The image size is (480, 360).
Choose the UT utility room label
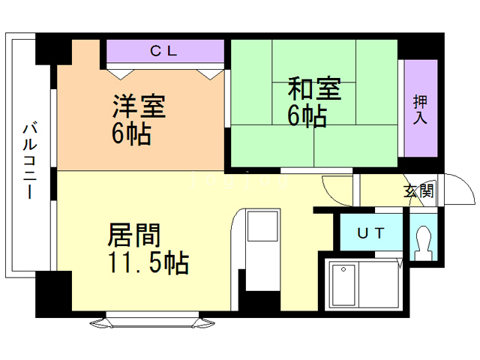click(372, 233)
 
